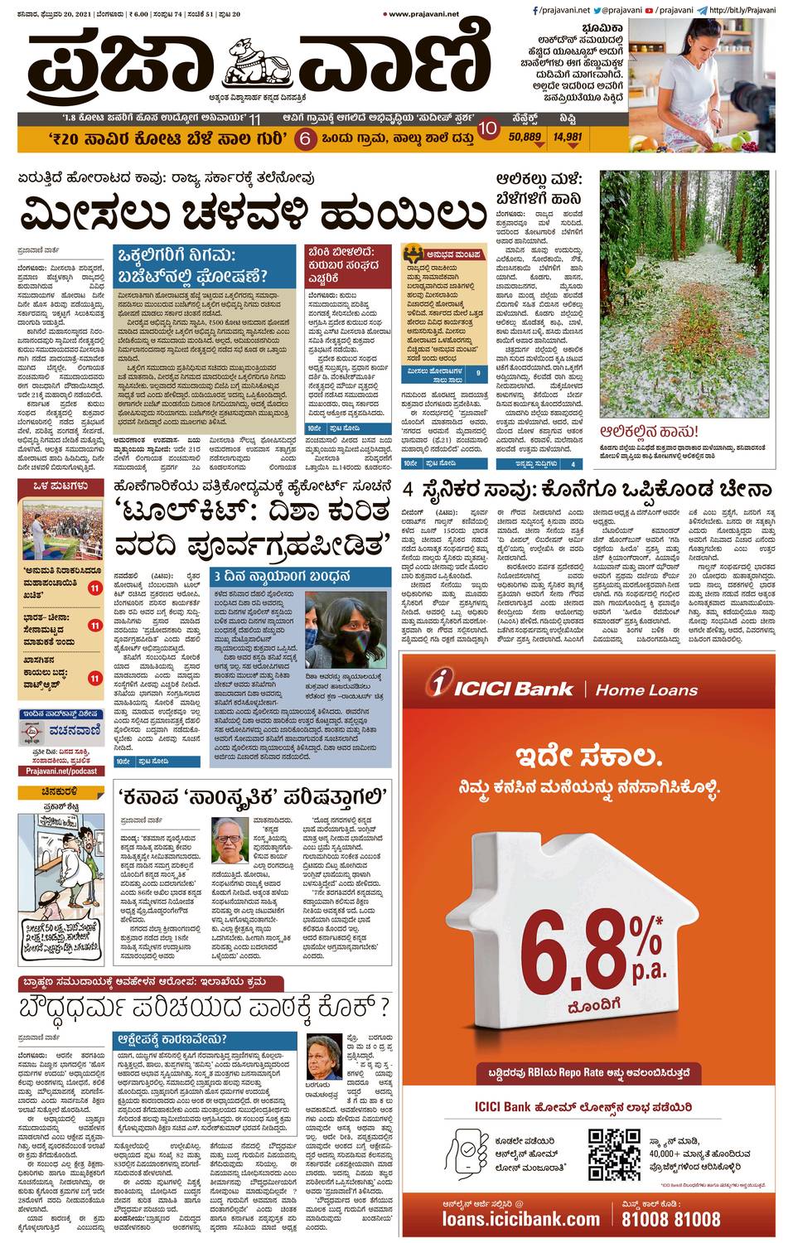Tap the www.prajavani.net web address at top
pos(423,13)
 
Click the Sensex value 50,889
pos(525,138)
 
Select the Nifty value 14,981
pos(568,138)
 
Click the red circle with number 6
pos(304,138)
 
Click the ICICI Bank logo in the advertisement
pos(500,687)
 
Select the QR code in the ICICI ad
pos(614,1154)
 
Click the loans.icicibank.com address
pos(520,1218)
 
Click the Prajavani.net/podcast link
pos(61,771)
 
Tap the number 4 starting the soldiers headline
pos(409,489)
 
